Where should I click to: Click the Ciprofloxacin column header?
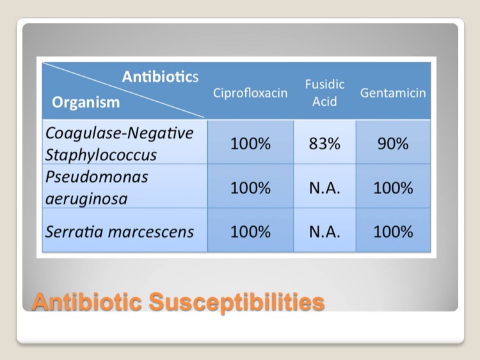pos(250,93)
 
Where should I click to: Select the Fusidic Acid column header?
pos(324,92)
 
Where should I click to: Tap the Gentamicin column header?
pos(393,93)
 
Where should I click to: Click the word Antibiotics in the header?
pos(160,76)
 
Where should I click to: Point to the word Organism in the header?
pos(86,102)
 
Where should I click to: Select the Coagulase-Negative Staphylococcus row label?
pos(119,143)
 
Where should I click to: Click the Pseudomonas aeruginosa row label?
pos(97,188)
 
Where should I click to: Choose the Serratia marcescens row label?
pos(120,232)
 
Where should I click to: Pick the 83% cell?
pos(324,143)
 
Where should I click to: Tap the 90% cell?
pos(393,143)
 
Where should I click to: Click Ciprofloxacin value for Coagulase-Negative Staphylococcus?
pos(250,143)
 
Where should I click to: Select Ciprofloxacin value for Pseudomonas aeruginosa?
pos(250,188)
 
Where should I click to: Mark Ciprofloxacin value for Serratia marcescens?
pos(250,232)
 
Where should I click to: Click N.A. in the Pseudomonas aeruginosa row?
pos(324,188)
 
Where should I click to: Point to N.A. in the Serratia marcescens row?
pos(324,232)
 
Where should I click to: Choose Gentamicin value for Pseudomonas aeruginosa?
pos(393,188)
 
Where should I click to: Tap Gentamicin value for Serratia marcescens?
pos(393,232)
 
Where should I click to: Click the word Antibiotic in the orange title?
pos(87,302)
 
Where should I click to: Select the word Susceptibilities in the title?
pos(237,302)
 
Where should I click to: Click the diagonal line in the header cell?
pos(123,90)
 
